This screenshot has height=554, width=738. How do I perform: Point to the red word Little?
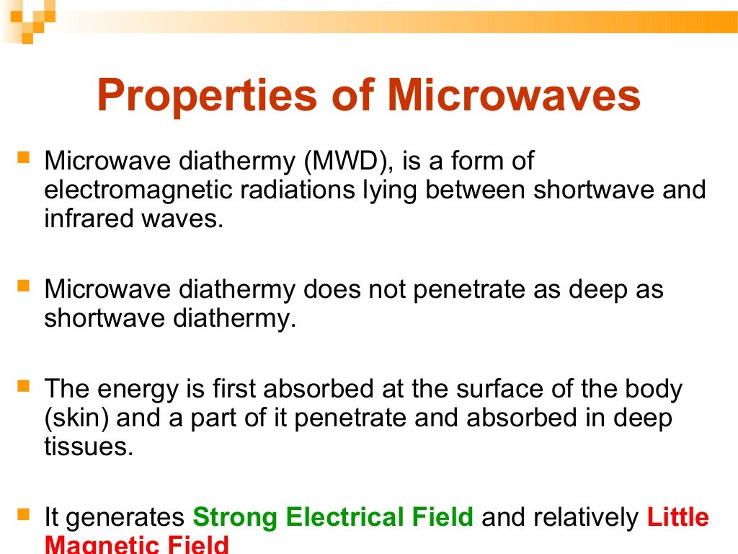tap(678, 517)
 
